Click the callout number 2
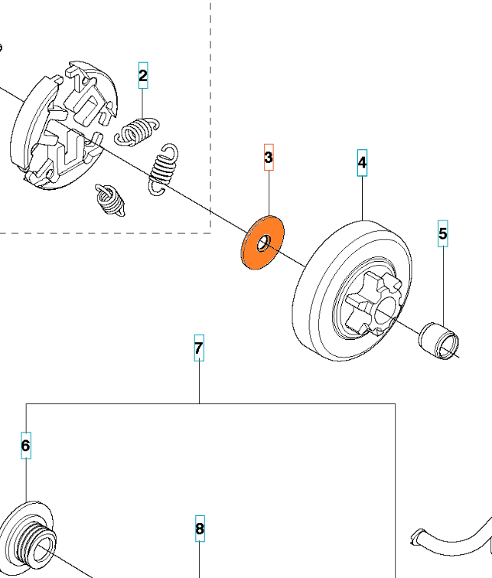point(143,75)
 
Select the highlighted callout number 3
point(269,158)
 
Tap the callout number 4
point(362,162)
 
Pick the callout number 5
point(443,233)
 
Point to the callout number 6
point(25,445)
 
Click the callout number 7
point(199,348)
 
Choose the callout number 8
point(200,528)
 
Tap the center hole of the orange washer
point(262,242)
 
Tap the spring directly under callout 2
point(138,131)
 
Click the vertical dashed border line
point(210,115)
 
